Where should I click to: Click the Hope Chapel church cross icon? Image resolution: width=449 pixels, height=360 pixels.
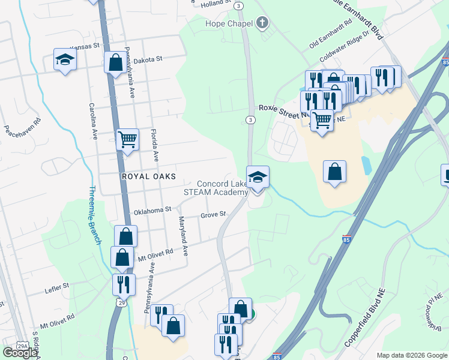(x=262, y=23)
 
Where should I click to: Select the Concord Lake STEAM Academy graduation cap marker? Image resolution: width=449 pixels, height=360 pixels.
(x=258, y=178)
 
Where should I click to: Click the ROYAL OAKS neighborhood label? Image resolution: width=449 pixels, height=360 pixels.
(x=148, y=176)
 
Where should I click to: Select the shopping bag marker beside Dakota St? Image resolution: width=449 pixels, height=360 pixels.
(x=115, y=62)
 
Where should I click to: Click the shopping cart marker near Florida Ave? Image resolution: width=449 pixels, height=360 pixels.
(x=127, y=140)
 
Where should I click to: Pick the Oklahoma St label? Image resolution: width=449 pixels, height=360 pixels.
(x=152, y=210)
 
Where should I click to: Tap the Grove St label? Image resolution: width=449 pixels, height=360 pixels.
(x=213, y=214)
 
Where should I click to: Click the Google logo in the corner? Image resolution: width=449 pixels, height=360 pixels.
(x=20, y=352)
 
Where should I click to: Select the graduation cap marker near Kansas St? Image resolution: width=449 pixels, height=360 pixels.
(x=65, y=59)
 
